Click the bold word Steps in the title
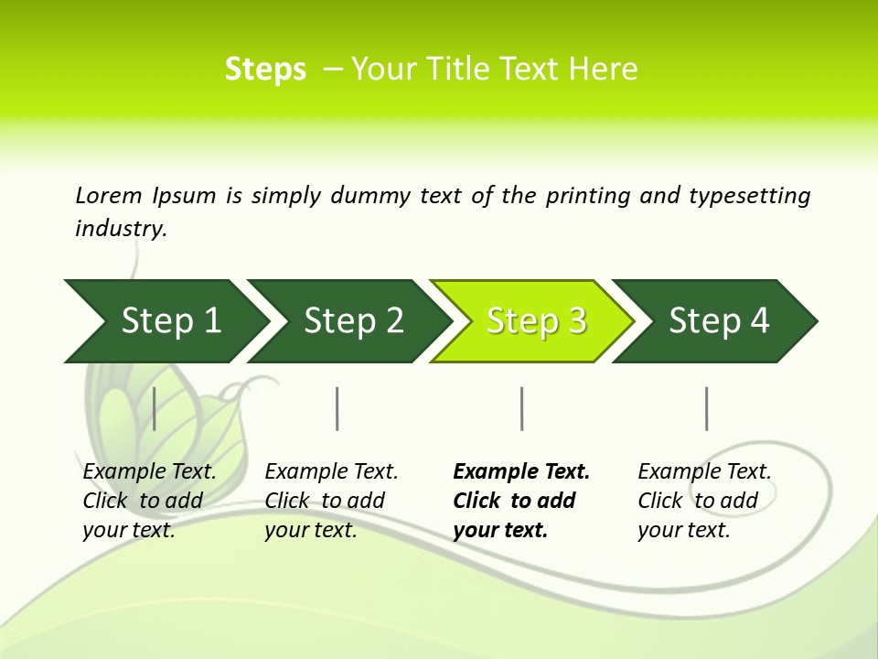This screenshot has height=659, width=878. (265, 70)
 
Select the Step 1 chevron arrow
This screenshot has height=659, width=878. (165, 321)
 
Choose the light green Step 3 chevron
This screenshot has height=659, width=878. (535, 321)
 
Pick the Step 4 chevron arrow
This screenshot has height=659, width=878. (718, 321)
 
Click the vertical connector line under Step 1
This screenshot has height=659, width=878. (155, 408)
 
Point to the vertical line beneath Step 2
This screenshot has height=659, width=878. (337, 408)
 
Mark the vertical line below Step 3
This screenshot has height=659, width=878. (522, 408)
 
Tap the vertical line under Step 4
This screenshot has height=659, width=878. (707, 408)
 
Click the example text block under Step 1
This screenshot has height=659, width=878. (149, 501)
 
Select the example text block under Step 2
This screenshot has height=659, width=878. (331, 501)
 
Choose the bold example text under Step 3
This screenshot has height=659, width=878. (521, 501)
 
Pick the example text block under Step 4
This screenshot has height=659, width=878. (704, 501)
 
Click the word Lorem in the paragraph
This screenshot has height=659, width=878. (109, 196)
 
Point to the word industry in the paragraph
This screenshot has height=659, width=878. (121, 229)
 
